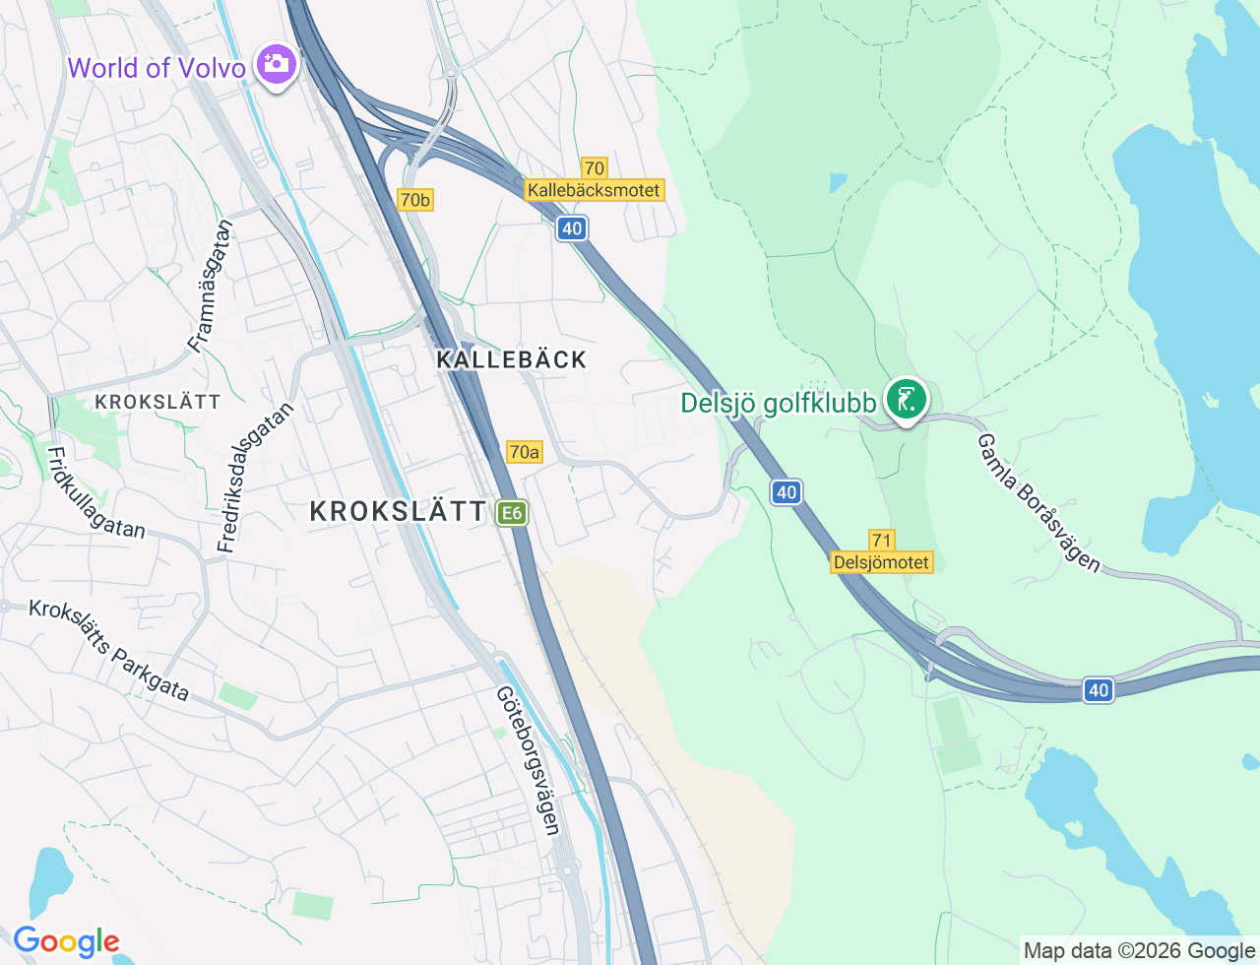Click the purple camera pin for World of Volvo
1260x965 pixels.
point(277,65)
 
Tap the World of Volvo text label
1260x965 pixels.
point(157,68)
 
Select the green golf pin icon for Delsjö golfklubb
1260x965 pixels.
point(906,400)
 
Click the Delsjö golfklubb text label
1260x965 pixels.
point(779,404)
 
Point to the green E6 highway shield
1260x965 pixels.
point(511,513)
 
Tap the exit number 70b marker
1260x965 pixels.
point(415,200)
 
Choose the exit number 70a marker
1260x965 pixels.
point(524,452)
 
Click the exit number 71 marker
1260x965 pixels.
point(881,540)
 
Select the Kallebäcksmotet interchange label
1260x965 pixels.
point(594,190)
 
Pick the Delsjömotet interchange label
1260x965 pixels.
point(881,562)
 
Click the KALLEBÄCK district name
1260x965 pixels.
point(512,359)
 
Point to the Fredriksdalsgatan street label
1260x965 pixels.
point(255,478)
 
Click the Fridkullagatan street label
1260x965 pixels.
point(95,493)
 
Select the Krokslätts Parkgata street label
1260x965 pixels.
point(108,650)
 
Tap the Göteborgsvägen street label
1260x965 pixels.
point(529,760)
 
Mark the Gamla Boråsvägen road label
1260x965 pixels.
point(1038,502)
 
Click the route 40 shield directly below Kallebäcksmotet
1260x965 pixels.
point(571,228)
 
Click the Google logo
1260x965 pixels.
point(66,941)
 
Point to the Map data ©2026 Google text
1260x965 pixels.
point(1139,950)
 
